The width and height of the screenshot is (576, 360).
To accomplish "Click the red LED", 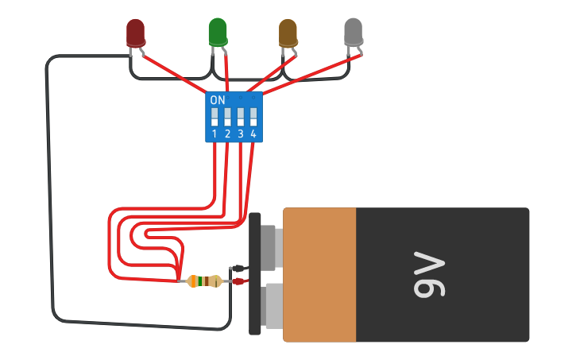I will pos(136,33).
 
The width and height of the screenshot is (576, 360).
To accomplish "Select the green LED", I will pos(217,32).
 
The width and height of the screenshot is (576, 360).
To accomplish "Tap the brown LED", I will pos(288,33).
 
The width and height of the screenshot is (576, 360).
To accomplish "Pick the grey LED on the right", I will pos(353,33).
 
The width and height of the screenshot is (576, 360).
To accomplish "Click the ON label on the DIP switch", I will pos(218,100).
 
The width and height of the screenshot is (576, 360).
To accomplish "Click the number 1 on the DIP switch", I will pos(215,134).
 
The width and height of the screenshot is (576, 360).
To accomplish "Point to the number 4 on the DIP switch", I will pos(253,134).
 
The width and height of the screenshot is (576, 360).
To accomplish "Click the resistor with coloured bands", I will pos(204,281).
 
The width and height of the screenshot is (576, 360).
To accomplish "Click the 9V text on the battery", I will pos(429,275).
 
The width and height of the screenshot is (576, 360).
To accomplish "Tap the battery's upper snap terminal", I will pos(269,246).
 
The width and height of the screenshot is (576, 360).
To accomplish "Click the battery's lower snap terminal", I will pos(269,307).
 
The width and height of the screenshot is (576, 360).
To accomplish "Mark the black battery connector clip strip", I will pos(255,274).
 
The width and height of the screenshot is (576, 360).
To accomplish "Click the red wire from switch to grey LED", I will pos(310,75).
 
